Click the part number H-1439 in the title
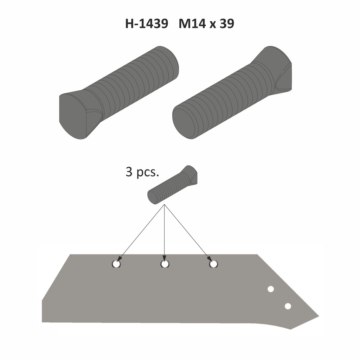click(x=146, y=24)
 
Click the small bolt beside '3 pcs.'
click(x=172, y=185)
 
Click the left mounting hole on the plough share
click(x=117, y=264)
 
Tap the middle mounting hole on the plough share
click(x=165, y=264)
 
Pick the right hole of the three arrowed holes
click(x=213, y=264)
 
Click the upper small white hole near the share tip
click(x=271, y=289)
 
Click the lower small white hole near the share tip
click(x=288, y=306)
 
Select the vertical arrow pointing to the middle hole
click(x=165, y=234)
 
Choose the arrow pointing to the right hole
click(x=188, y=234)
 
